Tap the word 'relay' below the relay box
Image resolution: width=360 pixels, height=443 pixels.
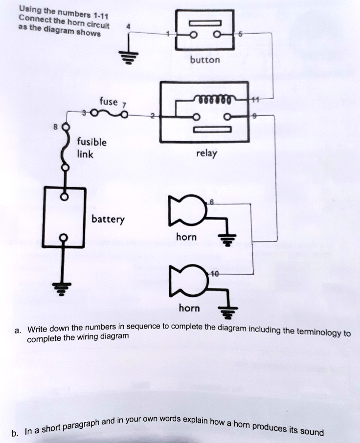coord(206,154)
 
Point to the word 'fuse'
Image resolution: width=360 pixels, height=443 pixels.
coord(108,102)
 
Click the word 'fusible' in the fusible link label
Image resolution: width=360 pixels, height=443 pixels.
coord(91,142)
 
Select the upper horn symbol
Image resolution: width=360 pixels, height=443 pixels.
coord(185,209)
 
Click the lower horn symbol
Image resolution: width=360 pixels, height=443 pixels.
coord(185,282)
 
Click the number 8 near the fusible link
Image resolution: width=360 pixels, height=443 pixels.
coord(56,126)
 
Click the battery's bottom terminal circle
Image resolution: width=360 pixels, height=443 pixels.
coord(62,238)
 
